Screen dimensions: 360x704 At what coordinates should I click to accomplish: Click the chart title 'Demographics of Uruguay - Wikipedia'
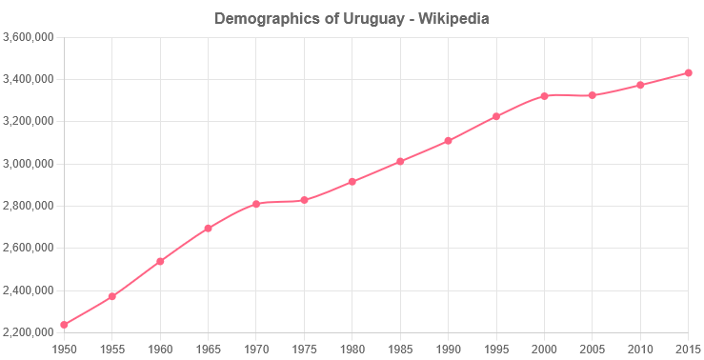click(352, 18)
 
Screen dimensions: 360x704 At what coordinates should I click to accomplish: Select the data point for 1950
click(64, 325)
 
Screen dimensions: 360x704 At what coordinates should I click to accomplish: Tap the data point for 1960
click(160, 261)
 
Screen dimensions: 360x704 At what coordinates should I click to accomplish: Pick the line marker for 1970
click(256, 204)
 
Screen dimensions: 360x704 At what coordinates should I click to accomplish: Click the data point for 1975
click(304, 200)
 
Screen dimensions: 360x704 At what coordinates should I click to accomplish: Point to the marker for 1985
click(400, 161)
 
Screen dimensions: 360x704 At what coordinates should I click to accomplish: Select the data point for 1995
click(496, 117)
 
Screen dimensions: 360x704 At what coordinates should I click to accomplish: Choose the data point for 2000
click(544, 96)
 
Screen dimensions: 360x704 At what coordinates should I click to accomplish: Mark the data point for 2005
click(593, 95)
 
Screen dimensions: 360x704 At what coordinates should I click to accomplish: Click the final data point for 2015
click(688, 72)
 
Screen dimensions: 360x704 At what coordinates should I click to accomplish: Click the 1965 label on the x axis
click(208, 349)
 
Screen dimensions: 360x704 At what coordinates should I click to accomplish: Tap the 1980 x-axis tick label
click(352, 349)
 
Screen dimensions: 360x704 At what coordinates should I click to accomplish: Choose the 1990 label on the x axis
click(448, 349)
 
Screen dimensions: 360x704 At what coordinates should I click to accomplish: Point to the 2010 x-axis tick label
click(640, 349)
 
